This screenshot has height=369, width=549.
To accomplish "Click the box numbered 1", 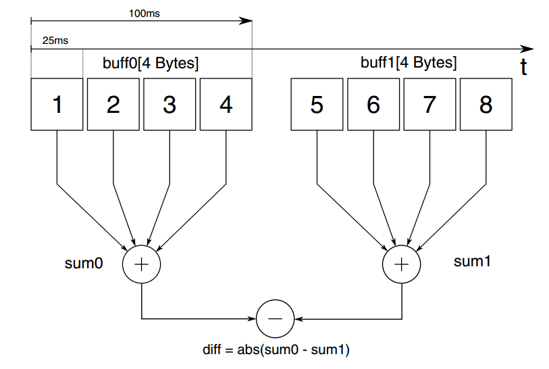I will click(57, 104).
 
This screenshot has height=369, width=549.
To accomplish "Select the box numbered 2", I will click(113, 104).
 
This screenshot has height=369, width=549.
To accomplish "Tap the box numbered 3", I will click(169, 104).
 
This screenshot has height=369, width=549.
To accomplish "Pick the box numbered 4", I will click(226, 104).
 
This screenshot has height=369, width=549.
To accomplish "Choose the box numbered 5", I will click(317, 104).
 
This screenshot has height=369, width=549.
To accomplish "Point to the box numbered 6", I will click(373, 104).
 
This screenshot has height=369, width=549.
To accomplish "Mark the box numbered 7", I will click(429, 104).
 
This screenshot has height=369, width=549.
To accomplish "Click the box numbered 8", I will click(486, 104).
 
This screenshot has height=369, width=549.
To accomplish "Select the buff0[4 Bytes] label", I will click(150, 64).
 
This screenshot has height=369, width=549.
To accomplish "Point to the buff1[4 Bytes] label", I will click(409, 64).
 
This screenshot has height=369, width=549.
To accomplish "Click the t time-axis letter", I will click(523, 67).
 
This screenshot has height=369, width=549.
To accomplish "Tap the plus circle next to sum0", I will click(141, 264).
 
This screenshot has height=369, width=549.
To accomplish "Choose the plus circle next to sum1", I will click(402, 264).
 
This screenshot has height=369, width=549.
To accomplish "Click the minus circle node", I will click(275, 317).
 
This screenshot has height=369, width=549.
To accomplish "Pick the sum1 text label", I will click(472, 260).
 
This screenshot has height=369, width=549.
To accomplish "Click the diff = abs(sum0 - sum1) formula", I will click(275, 350).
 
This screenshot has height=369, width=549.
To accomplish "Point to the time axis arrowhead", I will click(527, 49).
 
